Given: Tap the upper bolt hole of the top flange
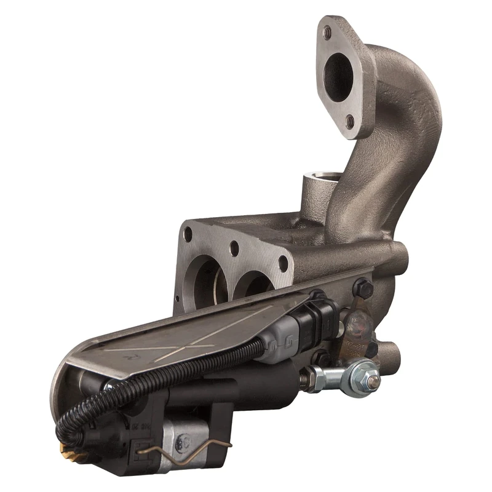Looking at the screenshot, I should [328, 31].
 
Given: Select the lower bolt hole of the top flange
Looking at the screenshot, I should [351, 121].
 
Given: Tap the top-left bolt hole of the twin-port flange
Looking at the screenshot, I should [188, 234].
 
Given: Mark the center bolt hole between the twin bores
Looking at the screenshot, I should [234, 249].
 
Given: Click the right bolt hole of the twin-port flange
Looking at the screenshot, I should [283, 263].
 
